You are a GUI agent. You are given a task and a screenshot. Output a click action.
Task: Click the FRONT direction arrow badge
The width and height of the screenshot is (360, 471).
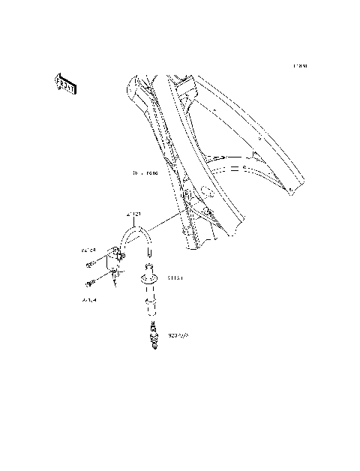coord(65,84)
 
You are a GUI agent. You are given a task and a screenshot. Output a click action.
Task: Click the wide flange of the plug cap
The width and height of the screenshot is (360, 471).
coord(148,277)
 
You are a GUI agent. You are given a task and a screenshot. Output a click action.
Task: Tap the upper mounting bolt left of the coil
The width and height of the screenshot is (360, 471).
coord(91,263)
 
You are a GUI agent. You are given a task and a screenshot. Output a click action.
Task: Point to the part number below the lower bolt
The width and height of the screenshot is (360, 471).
coord(89,298)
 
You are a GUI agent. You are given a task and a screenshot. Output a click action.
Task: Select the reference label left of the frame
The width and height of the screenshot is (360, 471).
coord(145,173)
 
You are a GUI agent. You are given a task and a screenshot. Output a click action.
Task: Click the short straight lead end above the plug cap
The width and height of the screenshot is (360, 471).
coord(148,254)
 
